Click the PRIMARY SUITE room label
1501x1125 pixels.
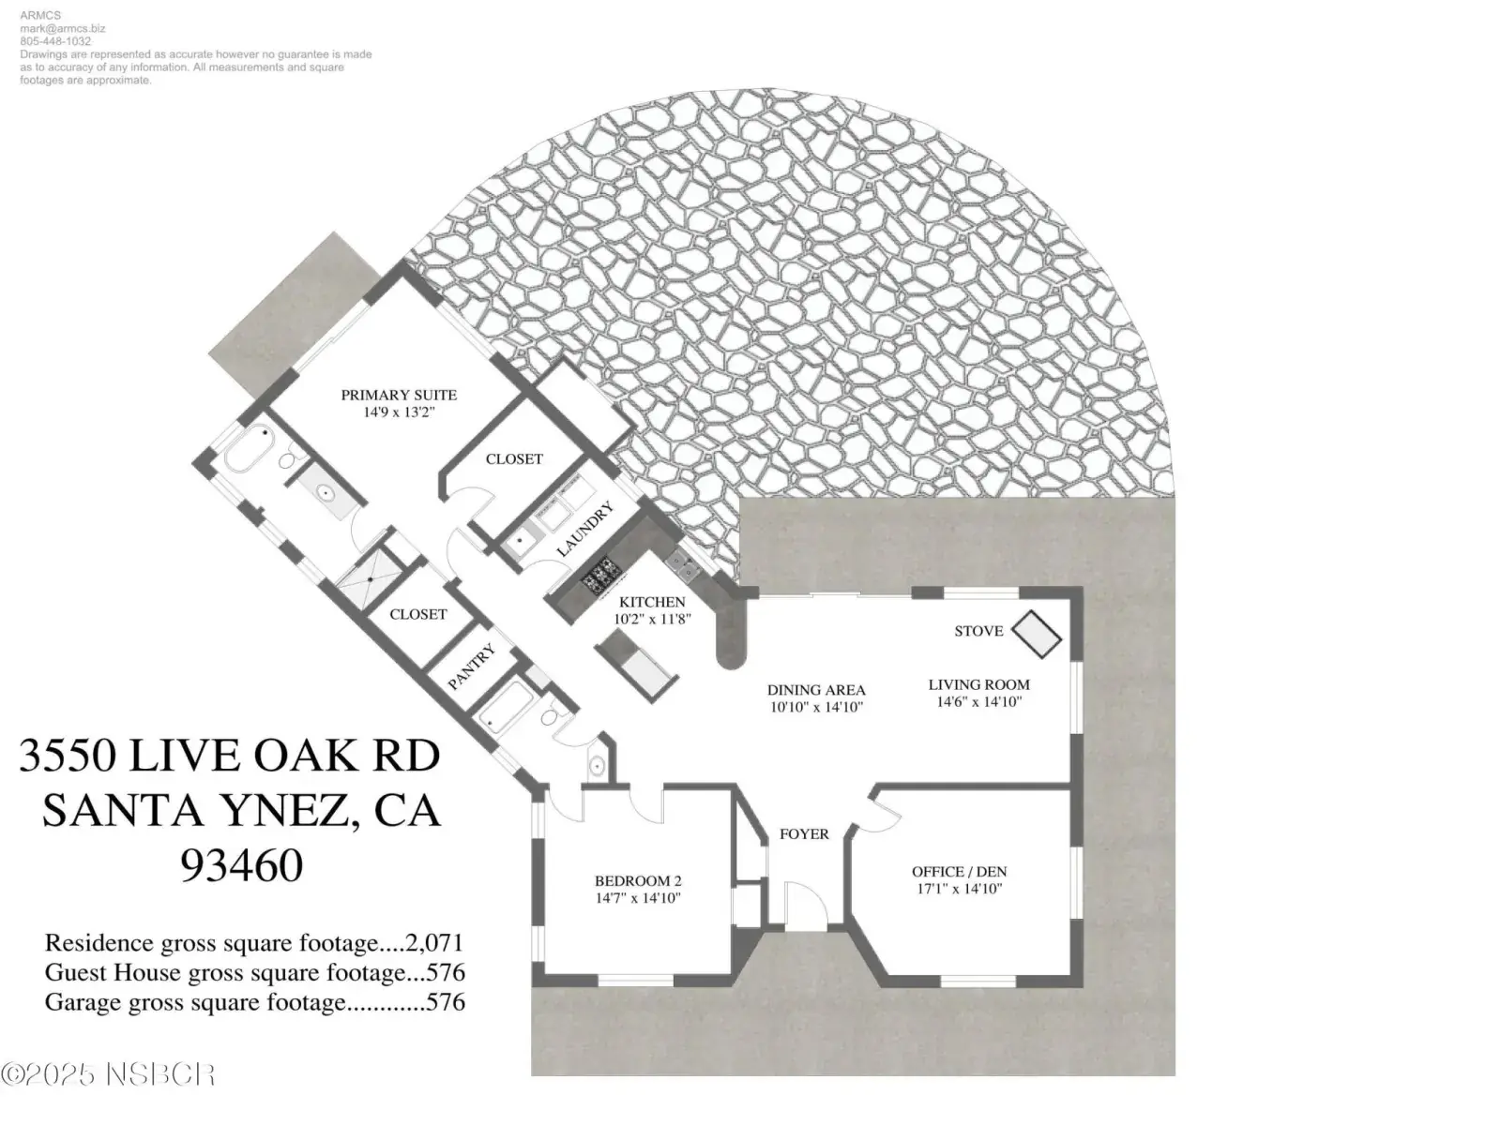pos(399,395)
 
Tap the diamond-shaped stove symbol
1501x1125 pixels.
pos(1036,634)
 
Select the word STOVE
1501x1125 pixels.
pos(978,630)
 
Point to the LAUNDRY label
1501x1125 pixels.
pos(584,530)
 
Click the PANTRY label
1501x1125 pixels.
pos(471,667)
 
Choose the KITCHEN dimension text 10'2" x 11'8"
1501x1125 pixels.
pos(652,619)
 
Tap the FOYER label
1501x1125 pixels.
pos(804,834)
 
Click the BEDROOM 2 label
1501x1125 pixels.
pos(638,881)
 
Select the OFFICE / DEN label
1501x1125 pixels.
pos(960,872)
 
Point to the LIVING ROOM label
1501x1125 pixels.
pos(978,684)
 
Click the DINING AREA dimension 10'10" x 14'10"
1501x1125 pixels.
pos(816,707)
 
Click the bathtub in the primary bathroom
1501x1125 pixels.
pos(249,447)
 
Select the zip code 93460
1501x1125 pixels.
pos(241,864)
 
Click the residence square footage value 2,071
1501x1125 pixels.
pos(434,942)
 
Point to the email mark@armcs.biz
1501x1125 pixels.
pos(62,29)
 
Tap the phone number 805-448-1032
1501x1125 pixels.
pos(55,41)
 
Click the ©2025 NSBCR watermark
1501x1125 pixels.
pos(108,1074)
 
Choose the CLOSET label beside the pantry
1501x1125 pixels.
pos(417,614)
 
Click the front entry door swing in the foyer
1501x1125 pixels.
pos(806,903)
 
